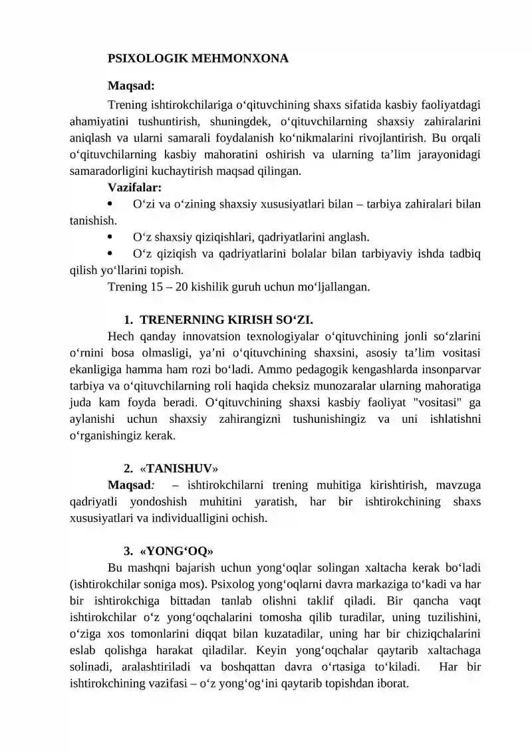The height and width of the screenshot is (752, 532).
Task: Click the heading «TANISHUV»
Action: coord(179,468)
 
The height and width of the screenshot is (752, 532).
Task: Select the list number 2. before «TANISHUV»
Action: coord(128,468)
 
